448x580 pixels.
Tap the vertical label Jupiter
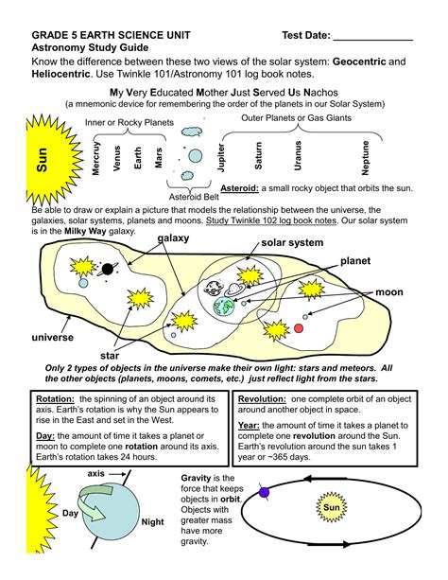[221, 158]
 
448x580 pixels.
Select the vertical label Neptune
[365, 158]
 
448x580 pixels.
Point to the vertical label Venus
[117, 158]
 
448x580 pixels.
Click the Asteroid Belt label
[194, 197]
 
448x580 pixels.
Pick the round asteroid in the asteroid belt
[195, 156]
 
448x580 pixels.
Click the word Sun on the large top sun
[43, 159]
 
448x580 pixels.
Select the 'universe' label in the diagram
[53, 338]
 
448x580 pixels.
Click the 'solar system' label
[292, 242]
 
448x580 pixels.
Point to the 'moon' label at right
[389, 292]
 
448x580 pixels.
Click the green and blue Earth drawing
[224, 307]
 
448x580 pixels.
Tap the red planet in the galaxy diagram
[299, 328]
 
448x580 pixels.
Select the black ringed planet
[108, 269]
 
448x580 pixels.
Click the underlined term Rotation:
[55, 399]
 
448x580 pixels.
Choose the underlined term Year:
[249, 426]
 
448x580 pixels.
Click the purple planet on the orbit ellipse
[264, 492]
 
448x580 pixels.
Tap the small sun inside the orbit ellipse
[332, 507]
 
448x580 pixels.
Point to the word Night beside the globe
[152, 522]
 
